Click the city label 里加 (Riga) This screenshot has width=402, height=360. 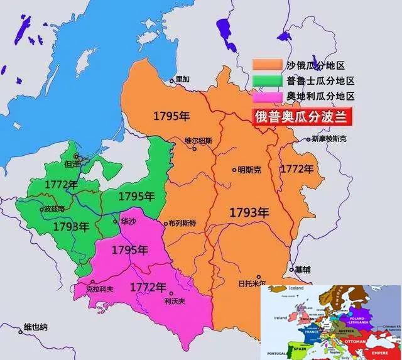tap(182, 79)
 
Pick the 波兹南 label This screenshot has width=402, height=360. tap(53, 208)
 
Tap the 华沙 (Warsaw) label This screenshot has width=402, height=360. tap(128, 221)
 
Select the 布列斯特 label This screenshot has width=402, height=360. tap(183, 223)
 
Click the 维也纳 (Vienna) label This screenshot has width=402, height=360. tap(36, 327)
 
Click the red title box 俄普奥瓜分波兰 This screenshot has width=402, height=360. tap(301, 116)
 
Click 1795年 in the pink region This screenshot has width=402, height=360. tap(129, 249)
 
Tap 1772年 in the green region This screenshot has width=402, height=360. tap(61, 185)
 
